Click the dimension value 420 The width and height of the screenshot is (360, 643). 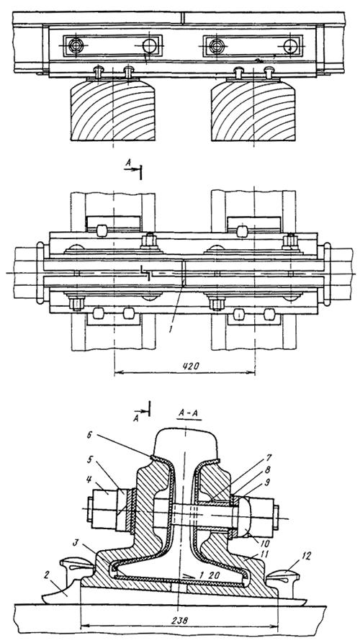(190, 367)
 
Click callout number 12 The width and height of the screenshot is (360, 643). (306, 557)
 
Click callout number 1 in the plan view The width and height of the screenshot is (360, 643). (171, 329)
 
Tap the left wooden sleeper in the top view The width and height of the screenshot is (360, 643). (113, 111)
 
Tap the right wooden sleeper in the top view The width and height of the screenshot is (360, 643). (253, 111)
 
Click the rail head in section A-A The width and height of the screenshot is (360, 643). (186, 443)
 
